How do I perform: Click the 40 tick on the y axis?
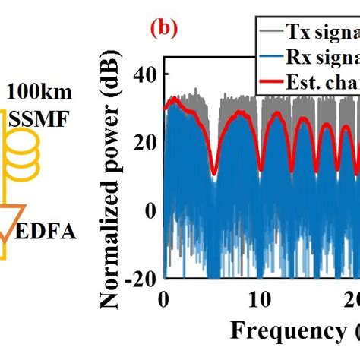[x=144, y=74]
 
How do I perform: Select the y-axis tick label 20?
[x=144, y=142]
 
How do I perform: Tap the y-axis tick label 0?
[x=150, y=210]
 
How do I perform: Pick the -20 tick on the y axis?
[x=140, y=279]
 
